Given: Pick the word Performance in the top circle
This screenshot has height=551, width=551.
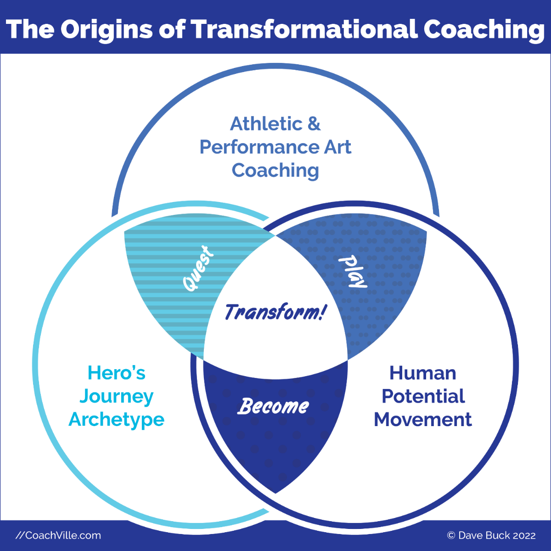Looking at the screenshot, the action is pos(259,147).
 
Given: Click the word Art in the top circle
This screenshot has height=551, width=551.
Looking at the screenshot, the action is pos(337,147).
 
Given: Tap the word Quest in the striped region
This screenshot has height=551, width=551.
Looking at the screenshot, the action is pos(198,268).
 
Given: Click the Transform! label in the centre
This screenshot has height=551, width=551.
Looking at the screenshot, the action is pos(275,312).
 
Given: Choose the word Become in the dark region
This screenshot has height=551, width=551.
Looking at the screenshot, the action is pos(273,406).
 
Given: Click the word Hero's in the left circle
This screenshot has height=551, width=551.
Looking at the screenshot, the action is pos(116,373).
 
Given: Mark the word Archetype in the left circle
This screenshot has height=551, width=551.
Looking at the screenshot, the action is pos(116,420).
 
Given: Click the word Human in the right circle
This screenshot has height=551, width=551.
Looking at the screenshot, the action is pos(422,373).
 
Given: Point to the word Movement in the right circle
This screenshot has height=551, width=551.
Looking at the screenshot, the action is pos(423,420).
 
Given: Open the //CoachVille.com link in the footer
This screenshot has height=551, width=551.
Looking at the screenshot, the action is pos(58,535).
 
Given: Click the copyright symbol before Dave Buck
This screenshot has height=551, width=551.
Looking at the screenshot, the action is pos(451,535).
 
